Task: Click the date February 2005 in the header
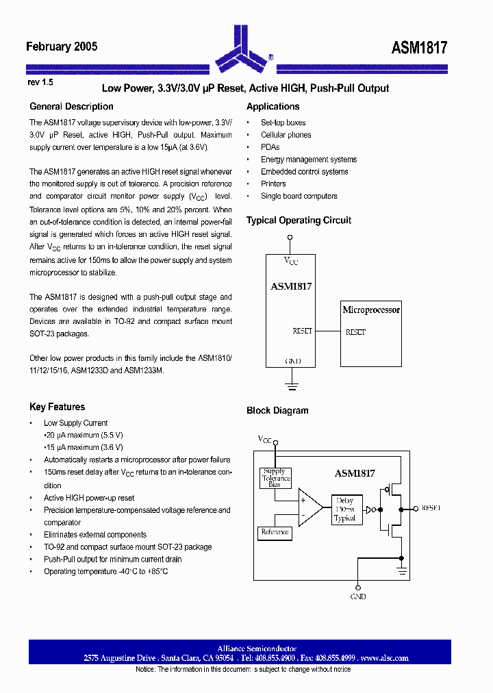(x=62, y=47)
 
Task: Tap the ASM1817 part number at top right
(x=419, y=47)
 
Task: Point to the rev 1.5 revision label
(x=40, y=81)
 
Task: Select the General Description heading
(x=71, y=107)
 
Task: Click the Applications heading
(x=273, y=107)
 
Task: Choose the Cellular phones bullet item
(x=286, y=135)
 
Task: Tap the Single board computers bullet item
(x=299, y=196)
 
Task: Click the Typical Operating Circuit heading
(x=299, y=220)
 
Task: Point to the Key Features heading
(x=57, y=407)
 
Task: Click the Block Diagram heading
(x=277, y=411)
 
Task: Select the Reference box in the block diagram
(x=275, y=532)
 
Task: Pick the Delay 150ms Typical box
(x=344, y=509)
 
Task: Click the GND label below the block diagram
(x=357, y=596)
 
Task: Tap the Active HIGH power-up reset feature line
(x=89, y=498)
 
